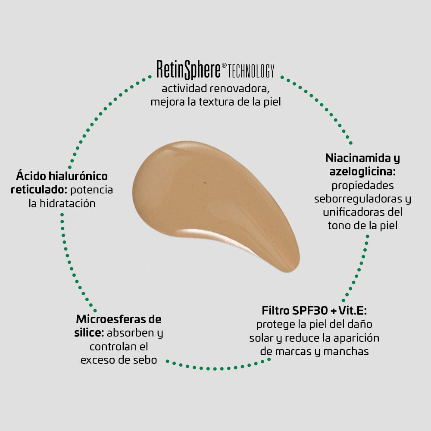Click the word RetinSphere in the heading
point(188,70)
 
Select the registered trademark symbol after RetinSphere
point(224,66)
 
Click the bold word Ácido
point(31,176)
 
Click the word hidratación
point(68,203)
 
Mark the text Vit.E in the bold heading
point(355,310)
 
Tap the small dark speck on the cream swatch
point(204,183)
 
